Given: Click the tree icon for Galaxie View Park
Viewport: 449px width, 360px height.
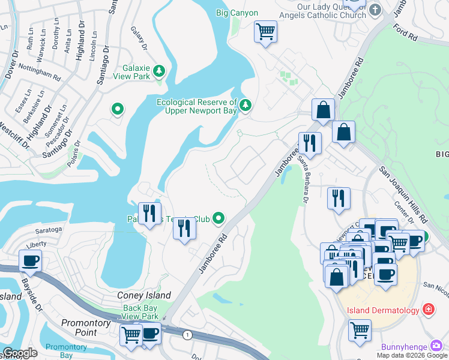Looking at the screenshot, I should [x=159, y=72].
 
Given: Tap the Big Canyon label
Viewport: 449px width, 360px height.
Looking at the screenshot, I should [x=237, y=13].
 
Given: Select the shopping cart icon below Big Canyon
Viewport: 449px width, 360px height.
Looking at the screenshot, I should [x=265, y=31].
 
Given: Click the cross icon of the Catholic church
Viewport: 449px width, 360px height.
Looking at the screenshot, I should [x=375, y=10].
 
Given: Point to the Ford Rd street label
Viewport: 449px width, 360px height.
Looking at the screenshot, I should [x=405, y=32].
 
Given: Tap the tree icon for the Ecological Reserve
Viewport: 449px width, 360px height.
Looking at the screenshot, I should [x=245, y=106].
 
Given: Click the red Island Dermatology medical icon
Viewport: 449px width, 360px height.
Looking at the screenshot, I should [x=429, y=310].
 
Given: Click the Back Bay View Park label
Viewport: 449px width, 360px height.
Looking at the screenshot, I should [x=140, y=312].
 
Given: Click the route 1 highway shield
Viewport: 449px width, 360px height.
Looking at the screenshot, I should [x=188, y=335].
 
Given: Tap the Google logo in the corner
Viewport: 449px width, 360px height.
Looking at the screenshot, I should [x=20, y=353].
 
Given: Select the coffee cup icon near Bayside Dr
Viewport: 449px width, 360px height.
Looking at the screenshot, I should [x=29, y=260].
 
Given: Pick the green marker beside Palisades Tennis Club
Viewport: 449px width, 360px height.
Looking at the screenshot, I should [x=219, y=218].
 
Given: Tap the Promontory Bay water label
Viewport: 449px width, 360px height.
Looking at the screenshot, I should [x=67, y=350].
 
